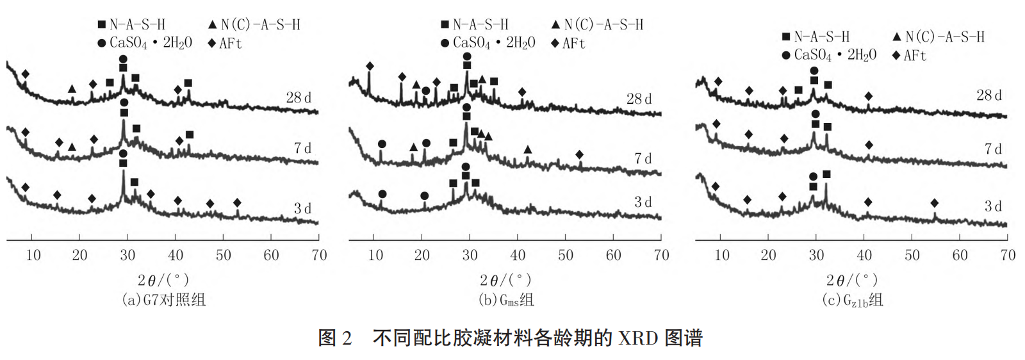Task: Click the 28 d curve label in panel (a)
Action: pos(299,98)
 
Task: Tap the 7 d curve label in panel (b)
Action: pos(643,158)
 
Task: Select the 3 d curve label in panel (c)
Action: pos(992,206)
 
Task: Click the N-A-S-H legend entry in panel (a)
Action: pos(131,25)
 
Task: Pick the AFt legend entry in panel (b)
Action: pos(568,44)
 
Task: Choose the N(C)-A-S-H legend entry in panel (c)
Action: pos(939,37)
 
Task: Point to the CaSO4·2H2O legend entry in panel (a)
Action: pos(144,43)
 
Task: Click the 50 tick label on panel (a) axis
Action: pos(223,256)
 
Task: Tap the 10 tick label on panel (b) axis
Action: pos(375,256)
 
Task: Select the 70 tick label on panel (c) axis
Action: pos(1008,256)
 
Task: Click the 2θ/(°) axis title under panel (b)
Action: pos(505,281)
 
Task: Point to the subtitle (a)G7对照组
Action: pos(164,300)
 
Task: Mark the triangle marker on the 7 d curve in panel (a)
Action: pos(72,147)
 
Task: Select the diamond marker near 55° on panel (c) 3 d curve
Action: pos(934,203)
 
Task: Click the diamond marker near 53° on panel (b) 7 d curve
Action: pos(579,154)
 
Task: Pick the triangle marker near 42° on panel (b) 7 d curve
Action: pos(527,149)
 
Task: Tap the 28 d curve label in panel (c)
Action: pos(988,95)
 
